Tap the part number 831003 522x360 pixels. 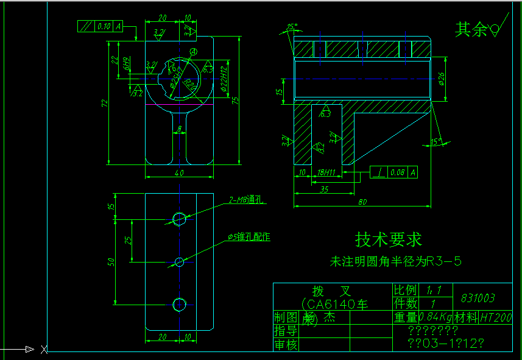478,298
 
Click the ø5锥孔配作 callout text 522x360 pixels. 249,236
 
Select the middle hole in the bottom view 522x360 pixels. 179,261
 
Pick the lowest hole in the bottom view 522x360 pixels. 179,304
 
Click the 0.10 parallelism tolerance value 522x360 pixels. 103,26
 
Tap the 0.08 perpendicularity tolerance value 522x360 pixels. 397,172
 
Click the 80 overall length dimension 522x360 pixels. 363,202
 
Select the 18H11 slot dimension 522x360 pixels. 327,173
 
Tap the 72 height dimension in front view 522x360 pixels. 104,104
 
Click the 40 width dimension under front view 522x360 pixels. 179,173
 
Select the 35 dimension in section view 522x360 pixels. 323,189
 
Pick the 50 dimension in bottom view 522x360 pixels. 111,261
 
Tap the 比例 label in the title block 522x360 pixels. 406,290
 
